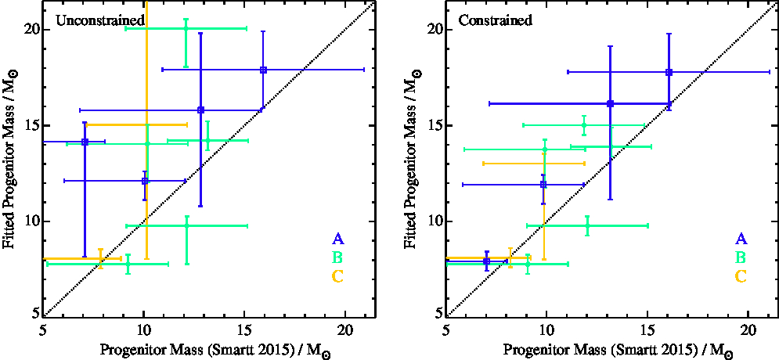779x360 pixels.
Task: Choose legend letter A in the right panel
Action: [741, 239]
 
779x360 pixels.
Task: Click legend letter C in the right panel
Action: [741, 275]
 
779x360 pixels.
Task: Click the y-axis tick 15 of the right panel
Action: [434, 125]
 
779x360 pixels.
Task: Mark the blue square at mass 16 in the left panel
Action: [263, 70]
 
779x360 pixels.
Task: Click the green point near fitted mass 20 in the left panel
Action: [186, 28]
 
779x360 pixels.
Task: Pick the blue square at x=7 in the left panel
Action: [85, 142]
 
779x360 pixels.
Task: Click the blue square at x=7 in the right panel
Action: [487, 261]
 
